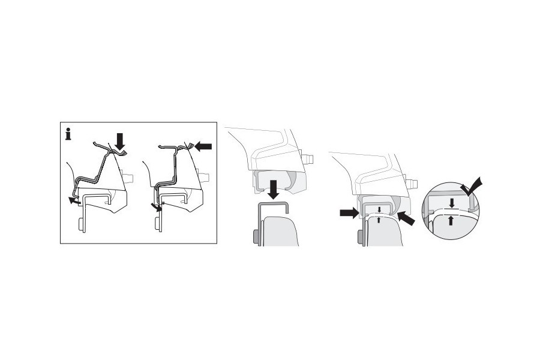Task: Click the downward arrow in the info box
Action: coord(120,142)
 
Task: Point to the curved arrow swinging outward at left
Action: coord(74,201)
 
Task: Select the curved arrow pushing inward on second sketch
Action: coord(157,207)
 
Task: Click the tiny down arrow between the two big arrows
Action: coord(379,209)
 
